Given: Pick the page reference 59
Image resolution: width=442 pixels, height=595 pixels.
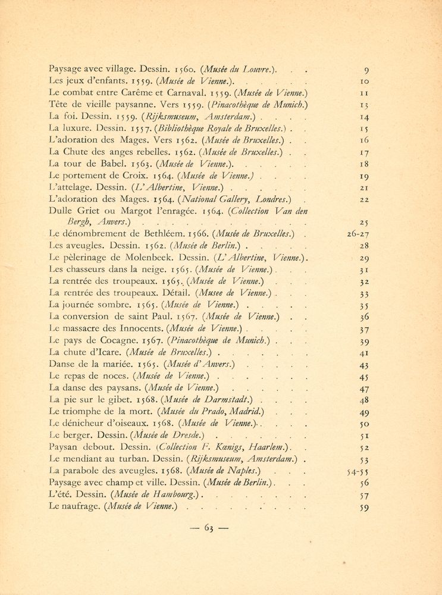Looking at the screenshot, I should [365, 508].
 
